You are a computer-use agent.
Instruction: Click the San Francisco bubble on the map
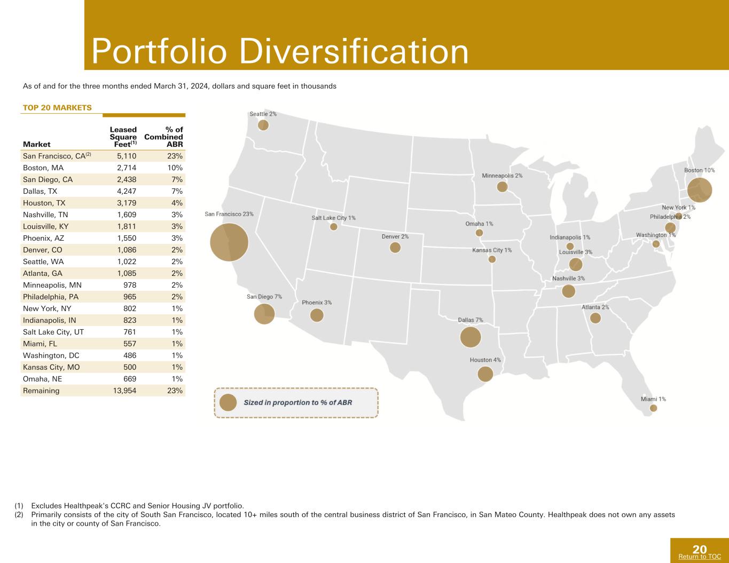click(229, 242)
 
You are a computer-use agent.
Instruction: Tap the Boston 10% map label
click(700, 170)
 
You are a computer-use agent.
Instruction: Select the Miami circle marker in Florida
click(653, 408)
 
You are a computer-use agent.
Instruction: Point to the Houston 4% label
click(485, 360)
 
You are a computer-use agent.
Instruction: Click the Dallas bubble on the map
click(471, 337)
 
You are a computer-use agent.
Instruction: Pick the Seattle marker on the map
click(263, 125)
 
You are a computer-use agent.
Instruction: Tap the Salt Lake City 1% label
click(333, 218)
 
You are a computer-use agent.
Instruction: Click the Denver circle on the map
click(395, 248)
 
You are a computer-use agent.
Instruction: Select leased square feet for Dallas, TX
click(127, 192)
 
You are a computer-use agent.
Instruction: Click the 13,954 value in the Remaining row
click(124, 391)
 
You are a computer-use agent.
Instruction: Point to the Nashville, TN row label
click(45, 215)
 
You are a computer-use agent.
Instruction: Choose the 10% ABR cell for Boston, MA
click(175, 168)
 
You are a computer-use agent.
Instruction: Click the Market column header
click(36, 145)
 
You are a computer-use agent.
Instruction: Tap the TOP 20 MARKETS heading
click(57, 108)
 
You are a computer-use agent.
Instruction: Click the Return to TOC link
click(700, 557)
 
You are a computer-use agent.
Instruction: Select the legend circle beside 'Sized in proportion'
click(228, 402)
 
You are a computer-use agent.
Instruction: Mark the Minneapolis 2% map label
click(502, 176)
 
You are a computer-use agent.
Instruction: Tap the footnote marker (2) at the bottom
click(19, 514)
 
